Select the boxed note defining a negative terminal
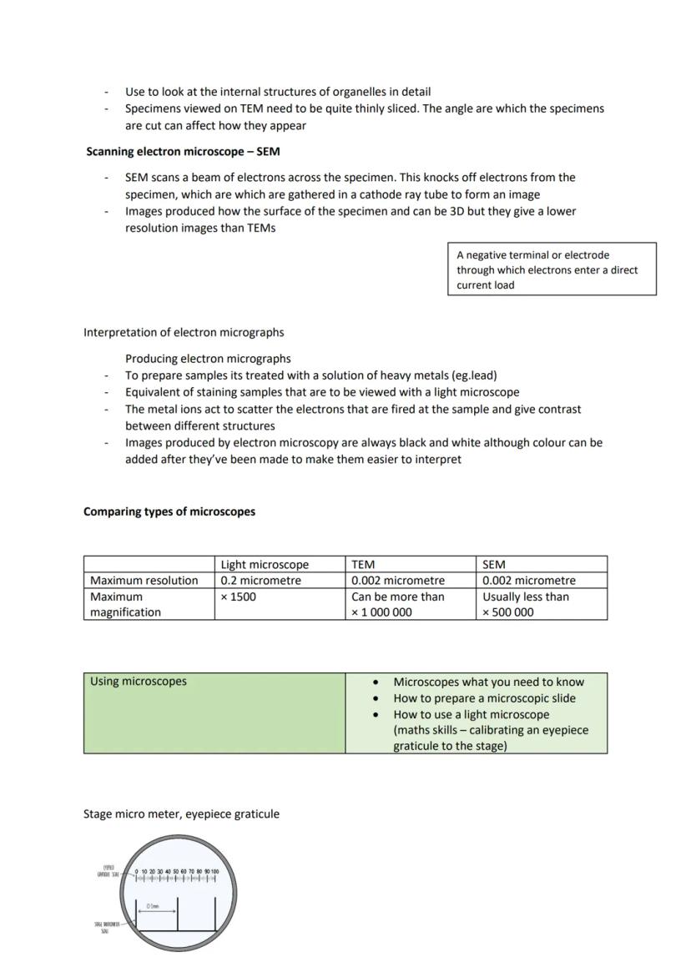(551, 269)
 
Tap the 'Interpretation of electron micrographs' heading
(184, 332)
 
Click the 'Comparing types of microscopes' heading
(169, 511)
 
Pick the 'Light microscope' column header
(265, 565)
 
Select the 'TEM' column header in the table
(363, 565)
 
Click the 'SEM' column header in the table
(494, 565)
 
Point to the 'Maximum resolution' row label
(144, 581)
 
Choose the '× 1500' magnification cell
(239, 597)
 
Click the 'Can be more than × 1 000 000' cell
(398, 604)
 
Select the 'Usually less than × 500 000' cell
(526, 604)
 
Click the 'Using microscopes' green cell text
(139, 682)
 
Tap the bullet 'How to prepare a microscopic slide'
(484, 698)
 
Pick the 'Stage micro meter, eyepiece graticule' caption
(181, 813)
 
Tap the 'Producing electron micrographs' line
(208, 359)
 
